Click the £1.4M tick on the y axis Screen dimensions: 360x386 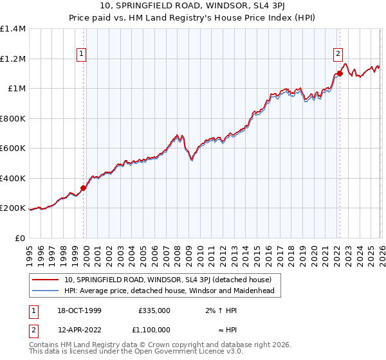coord(13,29)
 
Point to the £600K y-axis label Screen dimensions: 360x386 coord(13,148)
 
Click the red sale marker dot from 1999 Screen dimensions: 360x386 coord(83,188)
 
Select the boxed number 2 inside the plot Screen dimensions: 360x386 coord(338,55)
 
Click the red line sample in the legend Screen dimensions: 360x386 coord(46,280)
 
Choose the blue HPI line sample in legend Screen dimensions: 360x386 coord(46,291)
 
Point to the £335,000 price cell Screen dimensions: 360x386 coord(154,310)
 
